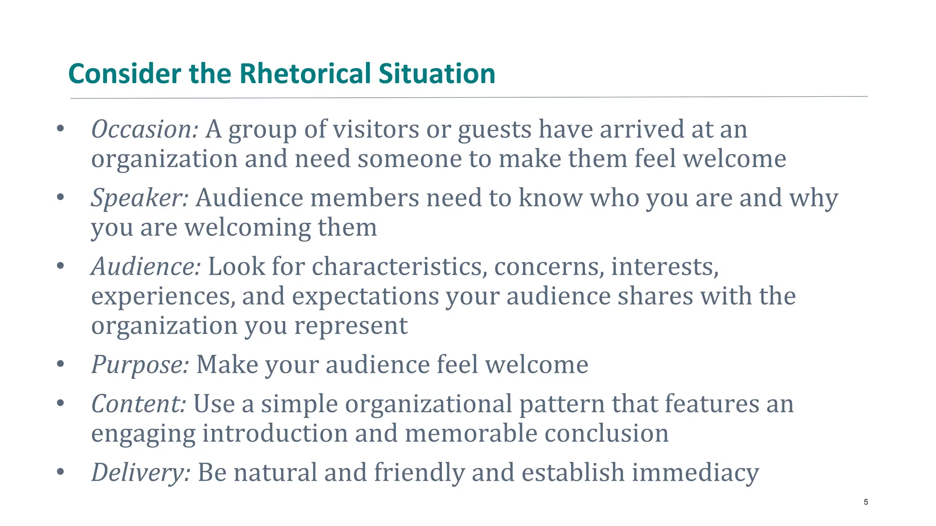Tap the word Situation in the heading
[437, 74]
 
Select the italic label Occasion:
[144, 130]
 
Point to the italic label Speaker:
[139, 198]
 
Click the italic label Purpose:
[140, 365]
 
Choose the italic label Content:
[138, 404]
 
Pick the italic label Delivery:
[141, 473]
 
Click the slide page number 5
[866, 502]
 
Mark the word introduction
[275, 433]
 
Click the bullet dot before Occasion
[60, 129]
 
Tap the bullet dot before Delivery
[60, 472]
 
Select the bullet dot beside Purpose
[60, 364]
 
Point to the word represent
[351, 326]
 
